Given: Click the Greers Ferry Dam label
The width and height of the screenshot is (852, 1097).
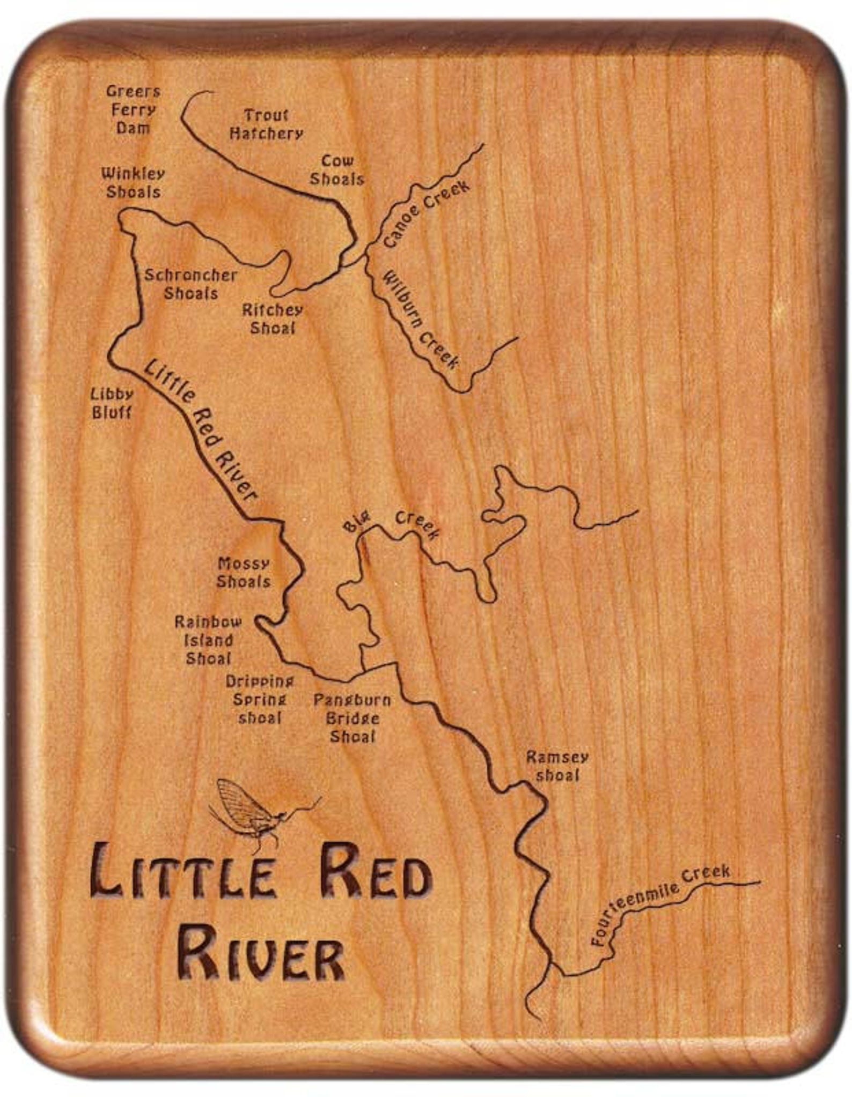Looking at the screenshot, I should tap(133, 110).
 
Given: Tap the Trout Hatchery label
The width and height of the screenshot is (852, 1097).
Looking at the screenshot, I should tap(266, 124).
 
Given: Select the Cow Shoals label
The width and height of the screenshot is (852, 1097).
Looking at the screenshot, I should tap(337, 170).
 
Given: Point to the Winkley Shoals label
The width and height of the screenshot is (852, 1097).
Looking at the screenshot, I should tap(133, 183).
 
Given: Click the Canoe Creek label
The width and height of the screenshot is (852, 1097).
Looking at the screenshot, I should tap(427, 213).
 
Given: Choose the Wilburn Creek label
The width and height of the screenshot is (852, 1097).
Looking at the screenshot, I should tap(420, 320).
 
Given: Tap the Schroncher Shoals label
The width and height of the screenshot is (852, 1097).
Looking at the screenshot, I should tap(191, 284).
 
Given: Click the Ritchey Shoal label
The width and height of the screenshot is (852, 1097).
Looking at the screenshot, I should tap(273, 319).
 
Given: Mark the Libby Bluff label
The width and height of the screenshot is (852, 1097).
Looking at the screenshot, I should tap(112, 403).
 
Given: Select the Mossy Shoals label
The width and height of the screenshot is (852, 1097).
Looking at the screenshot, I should tap(244, 573).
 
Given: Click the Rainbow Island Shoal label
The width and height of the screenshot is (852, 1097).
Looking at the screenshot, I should tap(208, 640).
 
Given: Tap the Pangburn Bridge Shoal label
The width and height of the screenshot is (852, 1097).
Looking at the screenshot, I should tap(352, 718).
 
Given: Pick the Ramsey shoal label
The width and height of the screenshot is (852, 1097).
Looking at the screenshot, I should tap(557, 766).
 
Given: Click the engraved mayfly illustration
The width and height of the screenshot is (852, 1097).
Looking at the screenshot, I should tap(258, 813).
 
